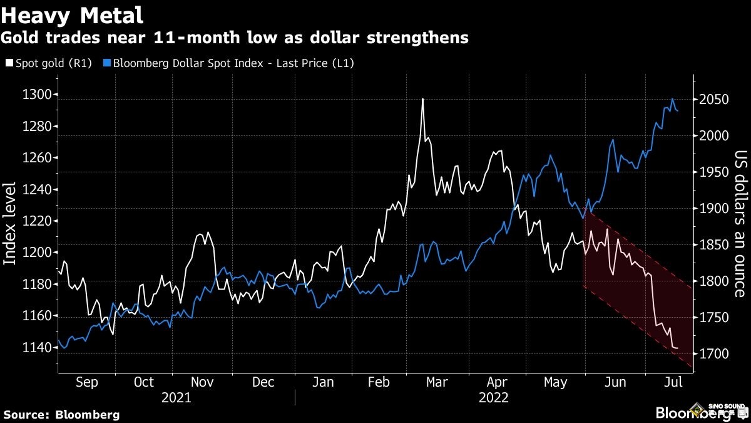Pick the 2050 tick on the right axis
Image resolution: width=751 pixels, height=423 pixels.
tap(714, 100)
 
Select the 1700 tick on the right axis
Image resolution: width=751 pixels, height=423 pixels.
tap(714, 354)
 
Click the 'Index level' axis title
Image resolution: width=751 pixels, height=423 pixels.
tap(11, 224)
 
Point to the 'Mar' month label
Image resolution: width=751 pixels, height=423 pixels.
tap(436, 382)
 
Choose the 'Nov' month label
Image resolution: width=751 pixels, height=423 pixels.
tap(202, 382)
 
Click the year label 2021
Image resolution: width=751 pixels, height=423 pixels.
tap(176, 397)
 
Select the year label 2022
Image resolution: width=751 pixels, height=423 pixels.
tap(494, 397)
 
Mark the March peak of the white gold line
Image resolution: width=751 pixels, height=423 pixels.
tap(423, 99)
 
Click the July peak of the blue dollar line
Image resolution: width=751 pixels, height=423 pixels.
tap(673, 99)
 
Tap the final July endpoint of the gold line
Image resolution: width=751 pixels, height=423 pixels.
tap(677, 348)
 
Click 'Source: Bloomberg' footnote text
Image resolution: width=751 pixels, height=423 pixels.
tap(61, 414)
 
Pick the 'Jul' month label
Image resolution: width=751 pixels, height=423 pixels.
tap(670, 382)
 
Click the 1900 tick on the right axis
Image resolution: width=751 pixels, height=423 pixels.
tap(714, 209)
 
